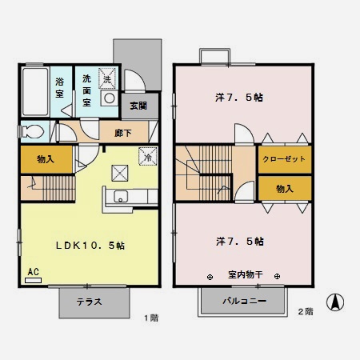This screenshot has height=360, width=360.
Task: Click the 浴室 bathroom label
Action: pos(60,87)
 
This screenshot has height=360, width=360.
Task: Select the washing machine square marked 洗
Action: pos(106,77)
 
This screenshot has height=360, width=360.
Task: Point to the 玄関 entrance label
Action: pos(137,106)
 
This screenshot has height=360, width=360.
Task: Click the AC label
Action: pos(34,272)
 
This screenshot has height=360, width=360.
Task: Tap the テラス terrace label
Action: pos(94,302)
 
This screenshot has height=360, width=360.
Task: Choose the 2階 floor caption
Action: pos(305,310)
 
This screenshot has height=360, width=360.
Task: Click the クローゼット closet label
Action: pos(284,159)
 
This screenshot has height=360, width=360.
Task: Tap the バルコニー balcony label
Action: pos(243,302)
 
